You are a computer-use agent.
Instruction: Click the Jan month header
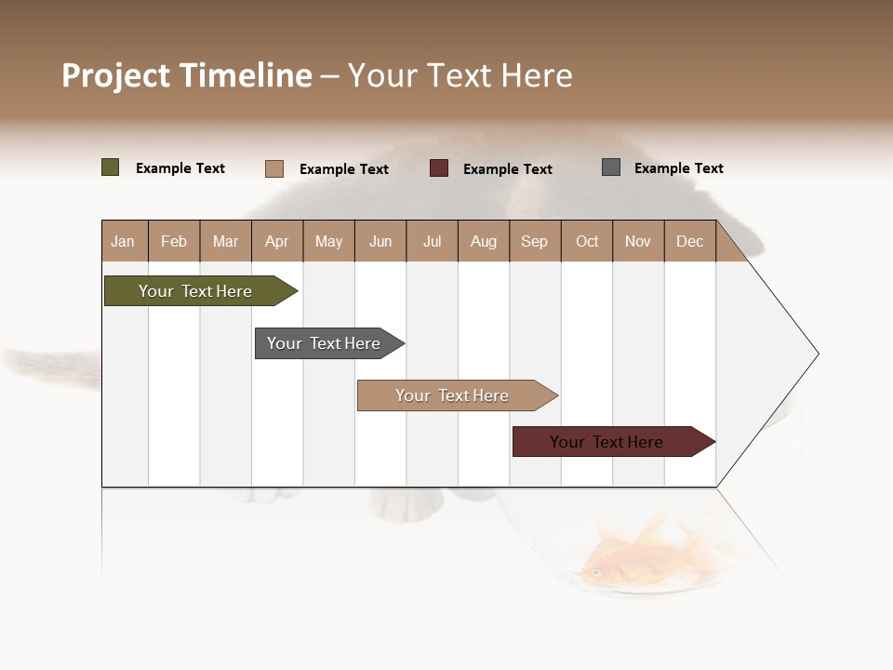(x=124, y=241)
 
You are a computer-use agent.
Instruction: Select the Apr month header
(x=277, y=241)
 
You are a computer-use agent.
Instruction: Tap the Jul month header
(x=432, y=241)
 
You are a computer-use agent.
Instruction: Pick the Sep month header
(x=534, y=241)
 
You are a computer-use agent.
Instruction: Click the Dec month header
(x=689, y=241)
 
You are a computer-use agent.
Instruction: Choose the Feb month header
(x=174, y=241)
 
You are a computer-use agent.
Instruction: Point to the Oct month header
(x=587, y=241)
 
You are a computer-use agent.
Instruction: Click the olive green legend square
(x=111, y=167)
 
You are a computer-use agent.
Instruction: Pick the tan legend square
(x=274, y=168)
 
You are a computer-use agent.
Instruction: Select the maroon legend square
(x=439, y=168)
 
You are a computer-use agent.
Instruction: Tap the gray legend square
(x=611, y=167)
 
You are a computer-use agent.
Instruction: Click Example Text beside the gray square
(x=678, y=168)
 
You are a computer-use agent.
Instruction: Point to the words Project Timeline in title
(x=187, y=75)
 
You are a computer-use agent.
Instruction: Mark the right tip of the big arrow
(x=817, y=354)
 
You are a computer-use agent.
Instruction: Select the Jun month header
(x=380, y=241)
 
